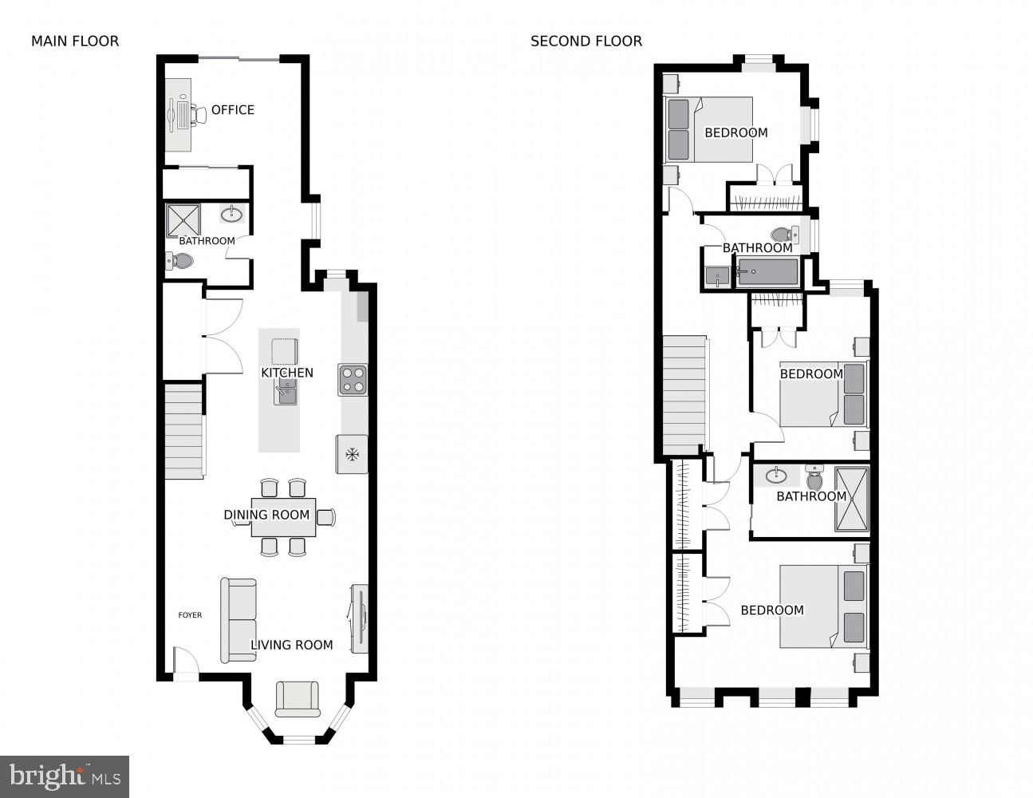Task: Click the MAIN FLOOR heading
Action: click(75, 41)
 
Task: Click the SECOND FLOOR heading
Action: click(586, 41)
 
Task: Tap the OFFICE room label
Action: click(232, 110)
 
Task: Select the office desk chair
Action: click(199, 114)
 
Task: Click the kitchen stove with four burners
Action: click(353, 380)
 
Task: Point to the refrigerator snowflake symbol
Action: click(352, 455)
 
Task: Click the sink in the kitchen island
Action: click(286, 392)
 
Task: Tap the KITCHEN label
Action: click(287, 373)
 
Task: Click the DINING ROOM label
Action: click(266, 515)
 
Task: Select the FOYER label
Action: click(190, 615)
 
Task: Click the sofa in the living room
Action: click(239, 620)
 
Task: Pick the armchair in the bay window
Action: click(298, 699)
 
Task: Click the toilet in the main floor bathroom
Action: click(179, 261)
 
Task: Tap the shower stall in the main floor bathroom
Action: click(183, 221)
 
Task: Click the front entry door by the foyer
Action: click(186, 660)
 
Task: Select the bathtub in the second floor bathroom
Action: click(767, 272)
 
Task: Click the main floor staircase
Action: click(184, 432)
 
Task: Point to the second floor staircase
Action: click(684, 394)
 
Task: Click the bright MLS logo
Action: click(65, 776)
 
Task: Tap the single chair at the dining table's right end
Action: click(326, 517)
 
